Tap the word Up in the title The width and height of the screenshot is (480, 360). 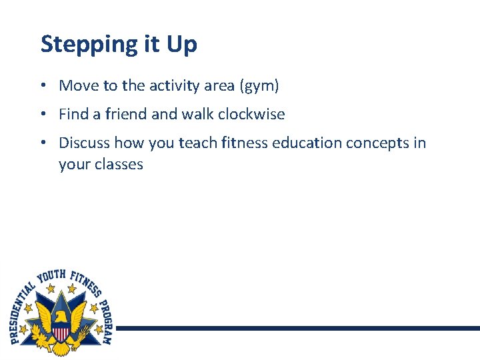pyautogui.click(x=181, y=44)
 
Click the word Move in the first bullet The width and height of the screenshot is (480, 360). pyautogui.click(x=77, y=85)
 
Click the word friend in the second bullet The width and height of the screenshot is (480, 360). pyautogui.click(x=126, y=114)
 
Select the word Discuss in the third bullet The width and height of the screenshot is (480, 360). pyautogui.click(x=85, y=143)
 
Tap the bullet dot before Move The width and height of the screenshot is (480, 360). pyautogui.click(x=42, y=86)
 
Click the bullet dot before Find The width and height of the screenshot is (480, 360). pyautogui.click(x=42, y=115)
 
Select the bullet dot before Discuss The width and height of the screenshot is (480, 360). pyautogui.click(x=42, y=143)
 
